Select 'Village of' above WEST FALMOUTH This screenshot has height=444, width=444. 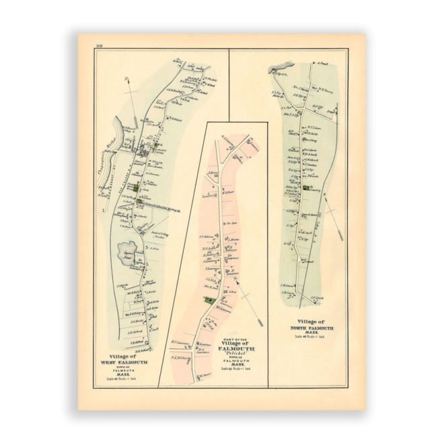pyautogui.click(x=124, y=357)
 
